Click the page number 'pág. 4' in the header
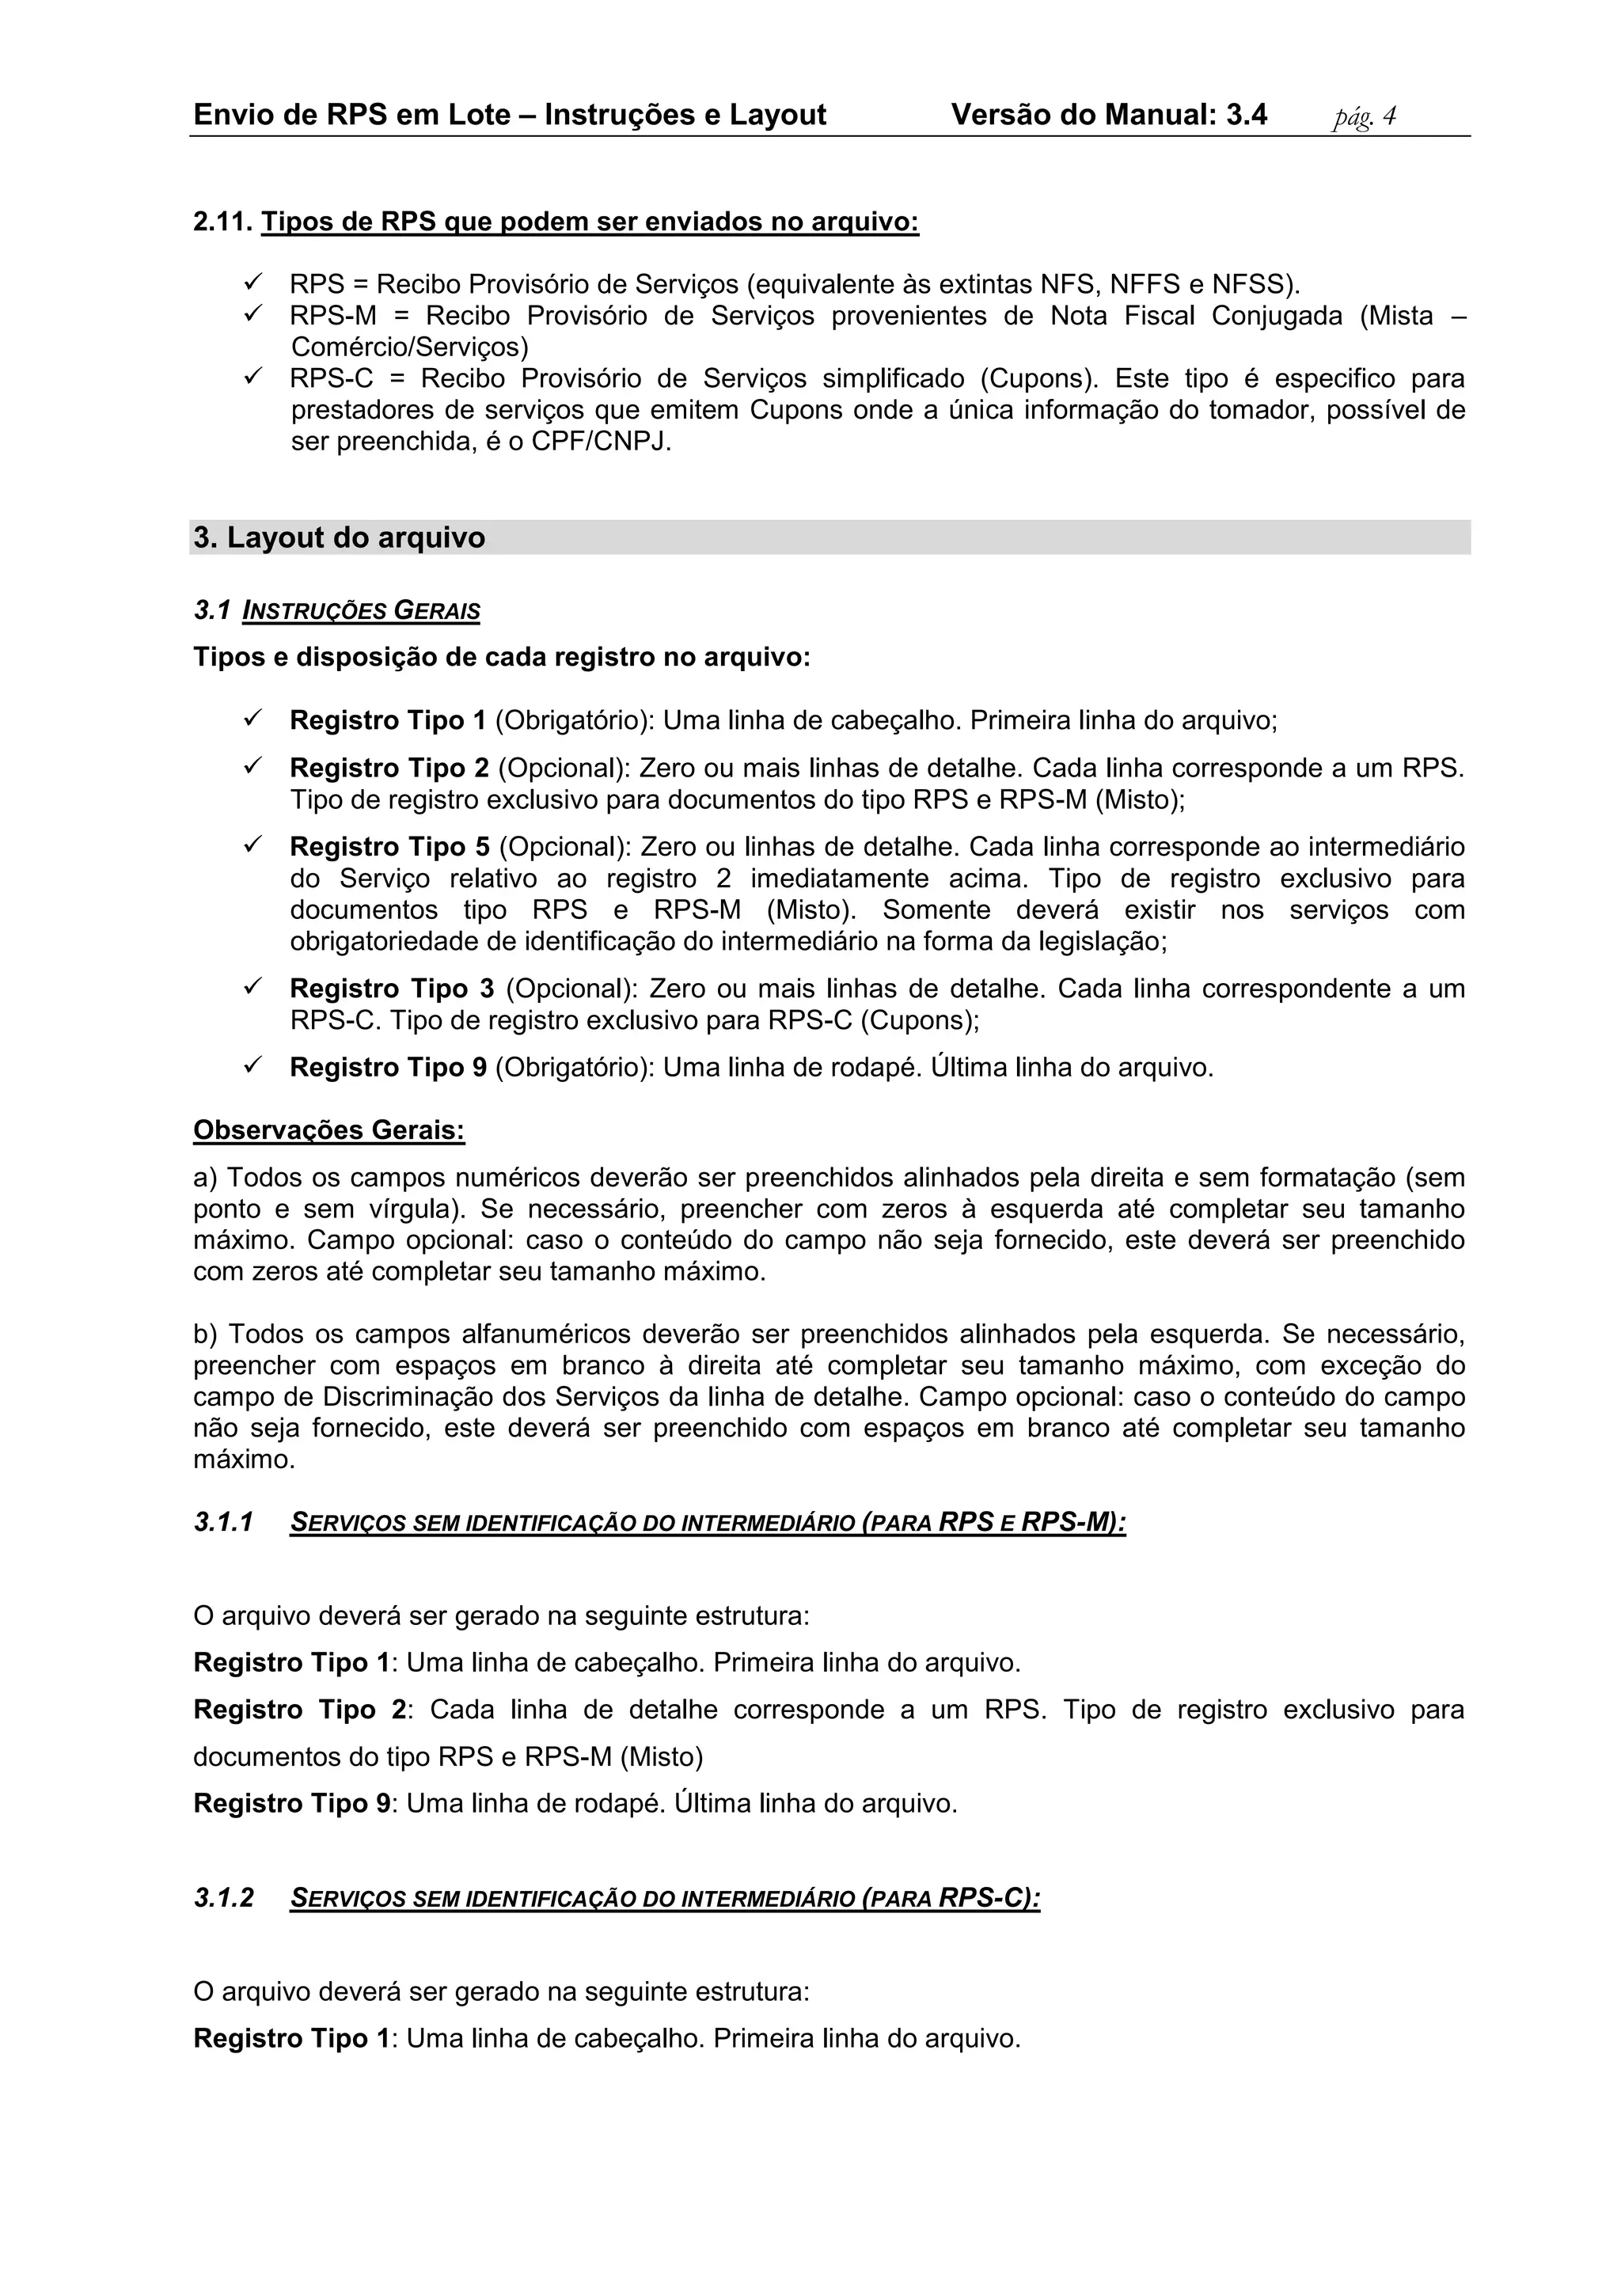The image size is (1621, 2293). point(1365,117)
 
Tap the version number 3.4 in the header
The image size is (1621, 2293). point(1247,115)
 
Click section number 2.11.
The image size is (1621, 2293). point(222,222)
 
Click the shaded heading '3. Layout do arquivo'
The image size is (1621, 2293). point(340,538)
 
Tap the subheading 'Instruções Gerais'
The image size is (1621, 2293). point(361,610)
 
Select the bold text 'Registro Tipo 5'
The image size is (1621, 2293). point(389,847)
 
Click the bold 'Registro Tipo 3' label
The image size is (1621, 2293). point(392,989)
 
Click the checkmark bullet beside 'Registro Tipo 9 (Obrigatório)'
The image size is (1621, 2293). point(252,1067)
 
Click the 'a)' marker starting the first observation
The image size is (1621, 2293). point(205,1178)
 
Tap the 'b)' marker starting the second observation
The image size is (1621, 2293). point(205,1334)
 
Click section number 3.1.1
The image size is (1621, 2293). point(224,1522)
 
